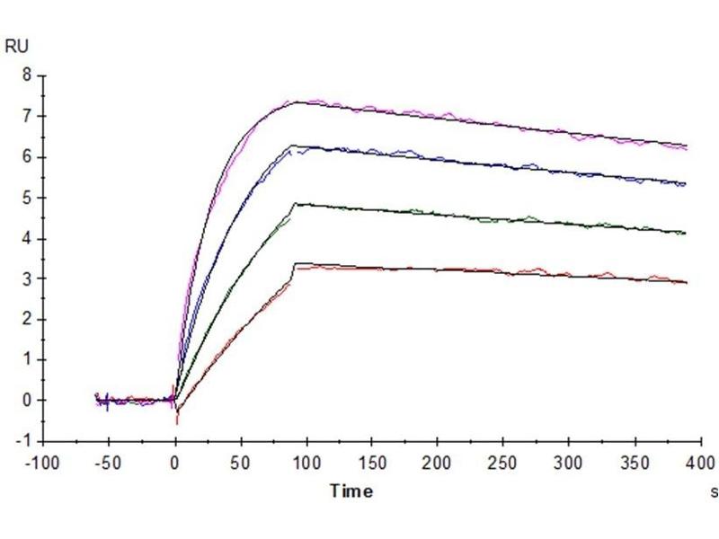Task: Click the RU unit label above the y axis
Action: coord(17,47)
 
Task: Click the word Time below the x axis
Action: coord(351,491)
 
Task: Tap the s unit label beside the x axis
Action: coord(715,491)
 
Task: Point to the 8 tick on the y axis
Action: coord(27,75)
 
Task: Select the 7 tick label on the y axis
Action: coord(27,116)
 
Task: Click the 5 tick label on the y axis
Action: coord(27,198)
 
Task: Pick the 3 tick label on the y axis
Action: coord(27,278)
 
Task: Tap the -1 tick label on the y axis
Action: coord(24,441)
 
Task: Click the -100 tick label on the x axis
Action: coord(45,463)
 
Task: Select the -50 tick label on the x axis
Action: coord(110,463)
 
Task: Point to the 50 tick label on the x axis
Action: coord(241,463)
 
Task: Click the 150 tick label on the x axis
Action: coord(372,463)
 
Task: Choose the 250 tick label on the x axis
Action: coord(503,463)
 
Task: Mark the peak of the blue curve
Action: coord(292,146)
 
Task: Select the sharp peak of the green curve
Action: coord(296,204)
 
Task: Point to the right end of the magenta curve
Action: coord(687,147)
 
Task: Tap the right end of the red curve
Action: coord(687,282)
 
